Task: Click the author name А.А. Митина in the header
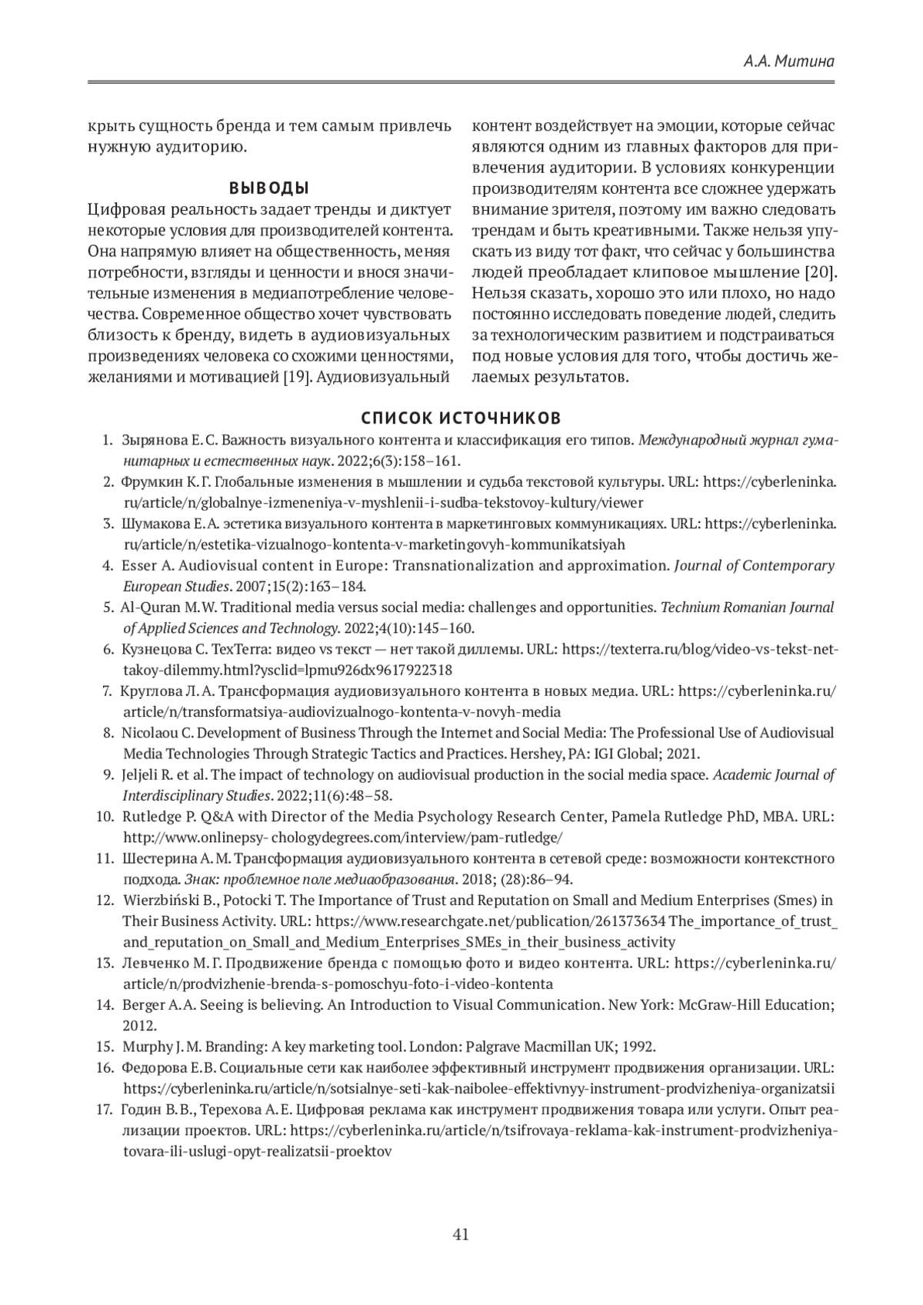click(789, 62)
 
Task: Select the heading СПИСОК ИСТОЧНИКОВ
click(461, 418)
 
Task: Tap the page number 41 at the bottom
click(461, 1236)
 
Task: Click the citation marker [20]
click(820, 272)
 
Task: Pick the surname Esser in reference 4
click(138, 566)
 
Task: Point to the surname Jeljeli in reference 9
click(141, 775)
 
